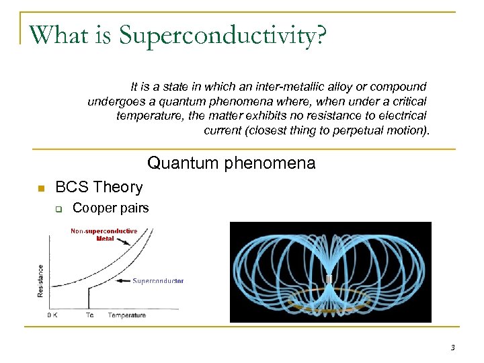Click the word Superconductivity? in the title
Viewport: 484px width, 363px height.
click(x=223, y=35)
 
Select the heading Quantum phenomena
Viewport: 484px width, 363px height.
click(x=231, y=163)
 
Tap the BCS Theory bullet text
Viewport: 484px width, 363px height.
click(x=99, y=187)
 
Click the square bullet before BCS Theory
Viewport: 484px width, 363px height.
click(x=40, y=188)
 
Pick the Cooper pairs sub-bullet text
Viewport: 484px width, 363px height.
click(x=110, y=208)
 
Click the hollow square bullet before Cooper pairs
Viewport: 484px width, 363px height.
click(x=58, y=209)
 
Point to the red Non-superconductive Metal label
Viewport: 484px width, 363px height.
click(x=104, y=234)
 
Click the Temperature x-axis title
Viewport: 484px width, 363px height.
click(x=127, y=315)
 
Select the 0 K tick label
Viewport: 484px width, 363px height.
click(x=52, y=315)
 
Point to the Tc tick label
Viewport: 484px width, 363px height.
click(x=89, y=315)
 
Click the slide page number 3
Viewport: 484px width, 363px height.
click(x=452, y=348)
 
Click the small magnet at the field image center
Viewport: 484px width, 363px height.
click(x=329, y=278)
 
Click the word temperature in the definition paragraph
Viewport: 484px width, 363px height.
click(x=146, y=116)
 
